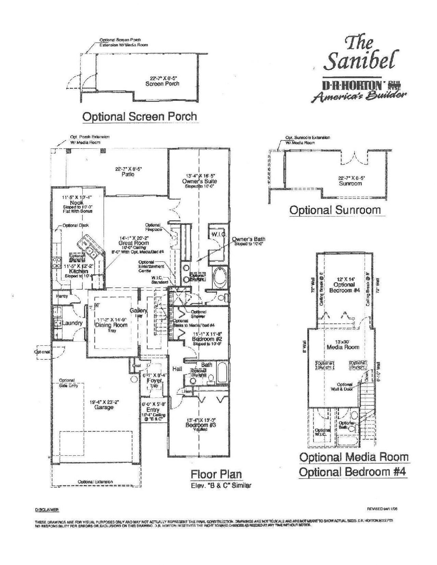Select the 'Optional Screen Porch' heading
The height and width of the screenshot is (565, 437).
[x=140, y=117]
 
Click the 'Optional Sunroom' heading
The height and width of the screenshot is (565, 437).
[x=335, y=210]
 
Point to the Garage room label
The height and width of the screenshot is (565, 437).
[x=104, y=407]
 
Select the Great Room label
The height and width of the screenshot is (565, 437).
[x=133, y=243]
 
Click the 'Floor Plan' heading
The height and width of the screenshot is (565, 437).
[x=216, y=474]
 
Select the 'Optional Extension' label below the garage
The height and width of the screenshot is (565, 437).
[x=95, y=482]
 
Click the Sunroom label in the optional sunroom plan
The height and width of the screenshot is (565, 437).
[x=350, y=183]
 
